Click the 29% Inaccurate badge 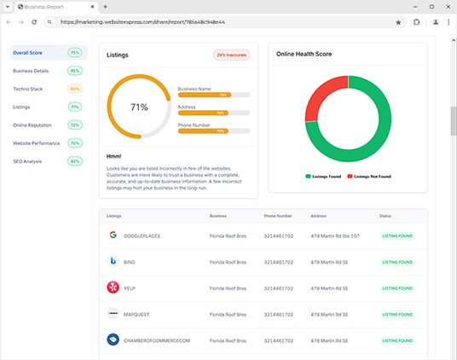[x=232, y=55]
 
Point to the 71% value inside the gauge [x=139, y=107]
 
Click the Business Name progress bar [x=213, y=95]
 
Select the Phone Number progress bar [x=213, y=131]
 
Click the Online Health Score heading [x=304, y=54]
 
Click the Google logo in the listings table [x=113, y=235]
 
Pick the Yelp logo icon [x=113, y=287]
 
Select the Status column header [x=385, y=216]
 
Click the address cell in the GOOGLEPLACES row [x=335, y=235]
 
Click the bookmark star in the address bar [x=398, y=22]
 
